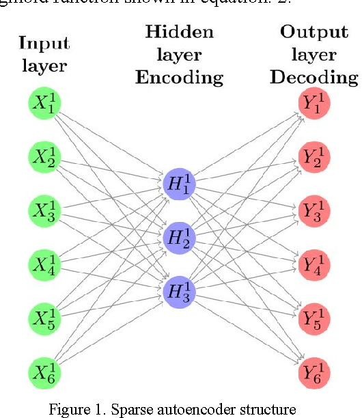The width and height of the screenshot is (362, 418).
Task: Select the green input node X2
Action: (x=44, y=157)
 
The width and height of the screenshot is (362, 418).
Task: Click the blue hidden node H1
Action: (x=179, y=184)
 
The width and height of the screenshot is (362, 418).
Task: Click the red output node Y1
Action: (x=314, y=103)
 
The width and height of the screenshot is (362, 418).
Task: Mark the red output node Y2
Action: (x=314, y=157)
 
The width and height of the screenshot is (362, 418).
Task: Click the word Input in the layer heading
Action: (x=44, y=44)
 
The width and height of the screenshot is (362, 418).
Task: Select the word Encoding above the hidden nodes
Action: (x=179, y=77)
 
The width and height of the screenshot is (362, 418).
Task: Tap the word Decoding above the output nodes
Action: (x=314, y=77)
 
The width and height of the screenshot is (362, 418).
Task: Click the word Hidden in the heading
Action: (x=179, y=32)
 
